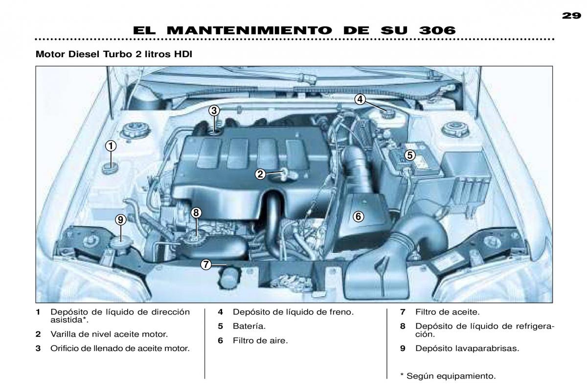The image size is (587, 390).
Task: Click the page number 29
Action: [x=571, y=16]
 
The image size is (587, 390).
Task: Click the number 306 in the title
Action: [x=437, y=30]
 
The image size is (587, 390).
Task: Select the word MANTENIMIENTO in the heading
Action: [x=249, y=30]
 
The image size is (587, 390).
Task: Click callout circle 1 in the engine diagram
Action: [x=111, y=146]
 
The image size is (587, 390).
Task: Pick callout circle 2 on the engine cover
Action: [x=260, y=174]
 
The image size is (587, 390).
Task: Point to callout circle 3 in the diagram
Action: [x=214, y=111]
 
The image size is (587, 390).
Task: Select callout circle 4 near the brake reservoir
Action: [x=360, y=100]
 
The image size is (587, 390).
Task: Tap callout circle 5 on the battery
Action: [x=410, y=155]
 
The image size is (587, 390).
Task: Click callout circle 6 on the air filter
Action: [x=358, y=217]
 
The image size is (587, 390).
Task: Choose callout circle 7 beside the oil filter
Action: [x=206, y=264]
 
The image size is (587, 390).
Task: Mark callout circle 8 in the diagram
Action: [x=196, y=213]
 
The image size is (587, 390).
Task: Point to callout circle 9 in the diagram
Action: [x=120, y=220]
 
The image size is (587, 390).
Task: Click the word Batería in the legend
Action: [x=249, y=326]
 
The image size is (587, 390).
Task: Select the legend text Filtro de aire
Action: [x=260, y=341]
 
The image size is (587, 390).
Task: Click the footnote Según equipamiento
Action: [x=451, y=376]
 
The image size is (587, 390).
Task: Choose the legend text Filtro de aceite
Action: [x=447, y=312]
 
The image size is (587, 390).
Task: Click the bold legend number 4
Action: [x=221, y=312]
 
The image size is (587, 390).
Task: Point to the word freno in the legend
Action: [x=341, y=312]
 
